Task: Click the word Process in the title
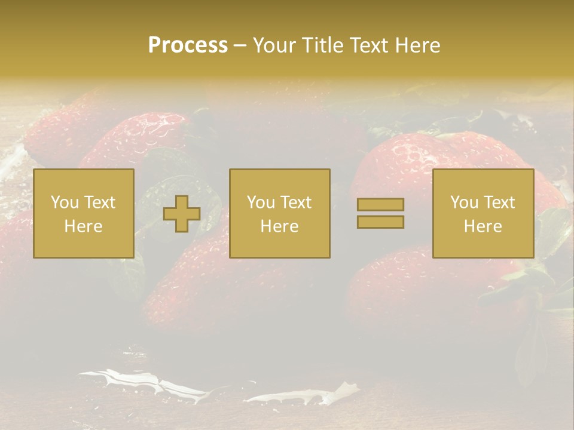188,45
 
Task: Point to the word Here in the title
418,45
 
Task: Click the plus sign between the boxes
182,214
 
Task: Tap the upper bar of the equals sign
380,204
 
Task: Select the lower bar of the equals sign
380,222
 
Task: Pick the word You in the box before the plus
64,202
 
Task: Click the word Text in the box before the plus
99,202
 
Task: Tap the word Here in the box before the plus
83,226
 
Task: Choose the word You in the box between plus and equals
261,202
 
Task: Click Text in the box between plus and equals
295,202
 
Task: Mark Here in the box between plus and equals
280,226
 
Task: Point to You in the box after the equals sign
464,202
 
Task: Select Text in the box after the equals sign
499,202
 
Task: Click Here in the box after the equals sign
483,226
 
